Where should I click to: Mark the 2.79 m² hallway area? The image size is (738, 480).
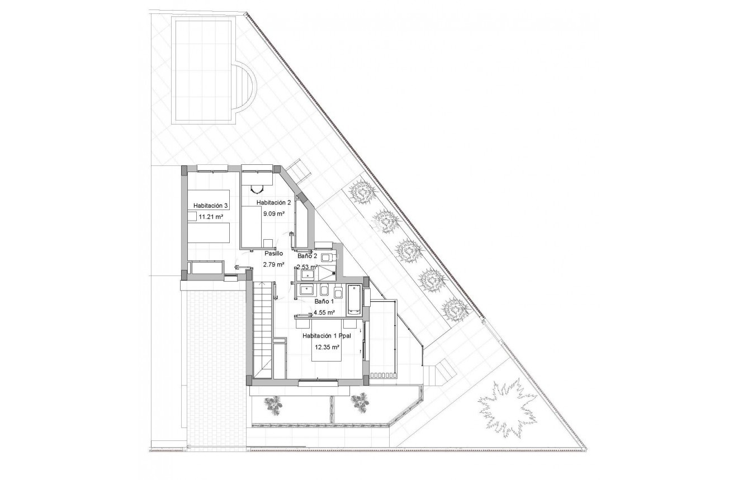[x=274, y=264]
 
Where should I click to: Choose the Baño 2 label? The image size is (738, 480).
[x=307, y=256]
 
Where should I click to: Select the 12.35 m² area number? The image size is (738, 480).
[x=327, y=347]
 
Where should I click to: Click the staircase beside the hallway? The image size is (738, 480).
[x=261, y=330]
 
